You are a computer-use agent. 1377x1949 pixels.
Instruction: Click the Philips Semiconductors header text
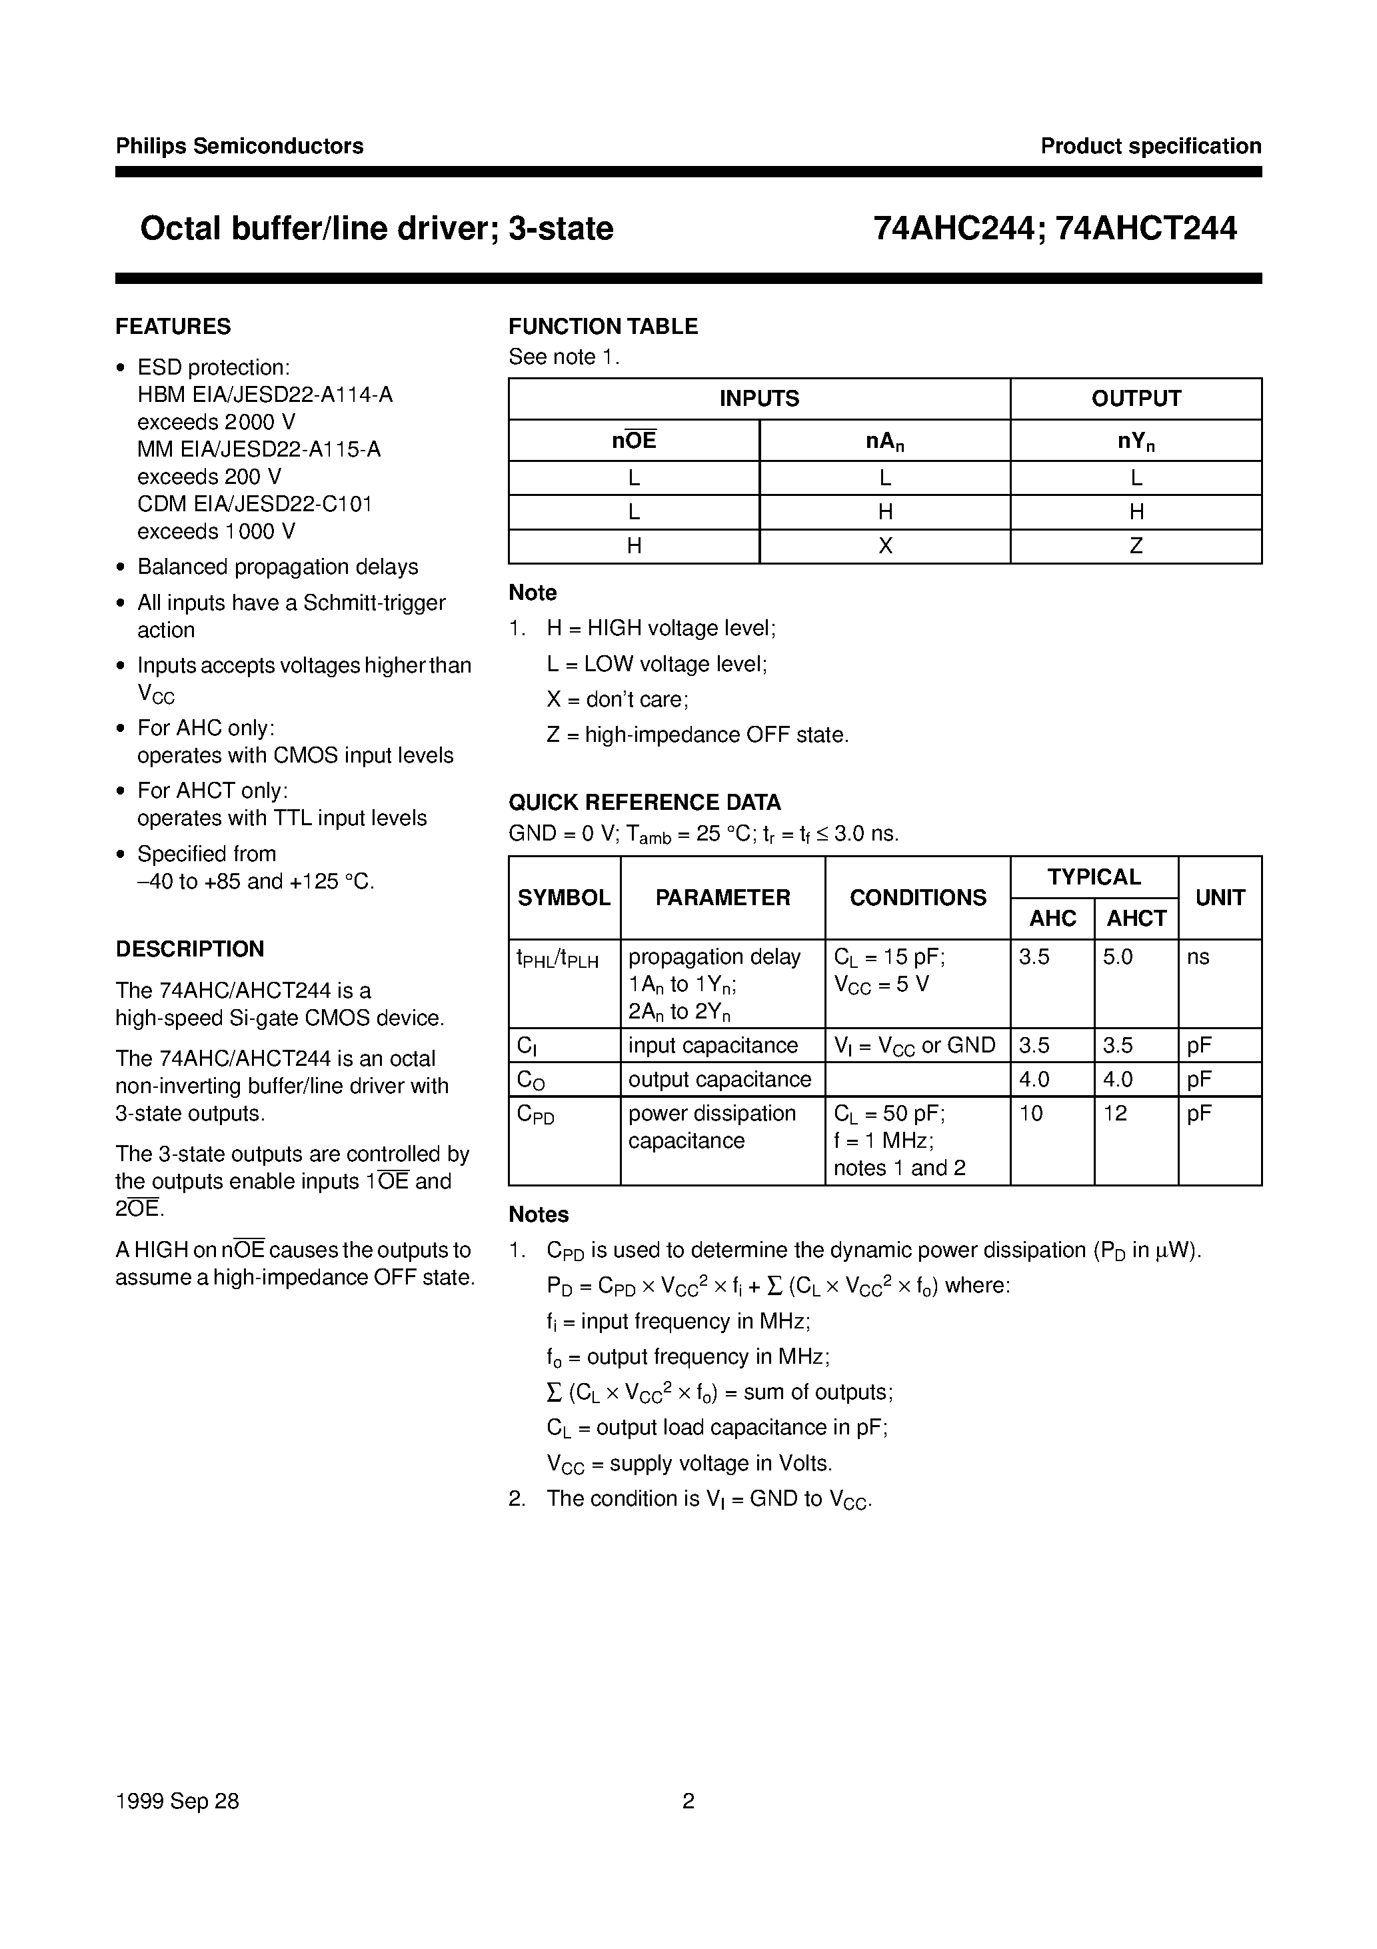click(239, 146)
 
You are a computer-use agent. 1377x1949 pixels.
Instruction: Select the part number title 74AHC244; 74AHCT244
click(1054, 229)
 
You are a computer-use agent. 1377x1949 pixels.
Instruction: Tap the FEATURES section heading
click(173, 327)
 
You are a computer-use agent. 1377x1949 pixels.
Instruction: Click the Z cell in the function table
click(1136, 547)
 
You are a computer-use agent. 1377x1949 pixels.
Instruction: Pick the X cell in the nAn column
click(884, 547)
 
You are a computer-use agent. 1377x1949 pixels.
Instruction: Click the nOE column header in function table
click(633, 441)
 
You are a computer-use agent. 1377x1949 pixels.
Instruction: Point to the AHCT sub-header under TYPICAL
click(1136, 919)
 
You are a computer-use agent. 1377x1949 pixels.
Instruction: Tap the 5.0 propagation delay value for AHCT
click(1117, 958)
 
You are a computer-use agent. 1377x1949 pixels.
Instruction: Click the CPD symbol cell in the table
click(536, 1115)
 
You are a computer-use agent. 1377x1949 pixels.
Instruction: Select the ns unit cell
click(1198, 958)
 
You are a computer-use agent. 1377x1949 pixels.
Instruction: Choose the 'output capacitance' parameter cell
click(720, 1080)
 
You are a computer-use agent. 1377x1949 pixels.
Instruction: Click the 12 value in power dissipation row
click(1114, 1114)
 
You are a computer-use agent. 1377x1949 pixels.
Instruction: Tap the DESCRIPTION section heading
click(189, 949)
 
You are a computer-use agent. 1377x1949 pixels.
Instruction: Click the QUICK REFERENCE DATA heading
click(645, 802)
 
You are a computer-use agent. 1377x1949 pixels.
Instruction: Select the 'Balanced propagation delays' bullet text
click(278, 567)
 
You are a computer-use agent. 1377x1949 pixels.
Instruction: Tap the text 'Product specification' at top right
click(1150, 146)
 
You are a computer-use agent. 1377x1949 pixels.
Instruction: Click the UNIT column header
click(1219, 898)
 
